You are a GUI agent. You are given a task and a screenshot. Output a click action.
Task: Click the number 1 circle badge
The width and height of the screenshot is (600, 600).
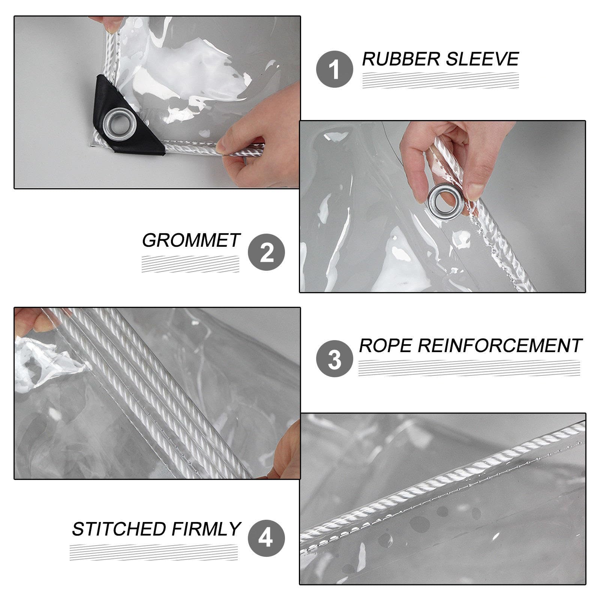coord(334,69)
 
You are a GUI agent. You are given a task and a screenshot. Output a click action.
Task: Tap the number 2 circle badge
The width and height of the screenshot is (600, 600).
coord(267,252)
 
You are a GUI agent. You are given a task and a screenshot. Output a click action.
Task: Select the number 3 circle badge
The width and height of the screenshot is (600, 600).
coord(334,358)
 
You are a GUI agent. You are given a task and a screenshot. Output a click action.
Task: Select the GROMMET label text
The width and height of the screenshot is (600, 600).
coord(191,240)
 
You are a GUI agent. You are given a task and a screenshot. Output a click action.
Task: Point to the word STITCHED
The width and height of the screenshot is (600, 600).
coord(119,529)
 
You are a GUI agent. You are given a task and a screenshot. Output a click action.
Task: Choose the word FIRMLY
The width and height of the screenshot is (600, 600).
coord(205,529)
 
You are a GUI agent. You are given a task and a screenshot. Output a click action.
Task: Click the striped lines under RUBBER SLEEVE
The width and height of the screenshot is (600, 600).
coord(441,81)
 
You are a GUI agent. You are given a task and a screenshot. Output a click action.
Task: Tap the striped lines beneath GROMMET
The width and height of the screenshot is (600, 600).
coord(190,264)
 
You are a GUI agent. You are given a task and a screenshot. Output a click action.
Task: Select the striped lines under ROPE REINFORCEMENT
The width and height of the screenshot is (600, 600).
coord(469,368)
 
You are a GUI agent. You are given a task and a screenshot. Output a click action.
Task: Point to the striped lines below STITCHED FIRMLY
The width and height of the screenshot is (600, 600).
coord(154,552)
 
